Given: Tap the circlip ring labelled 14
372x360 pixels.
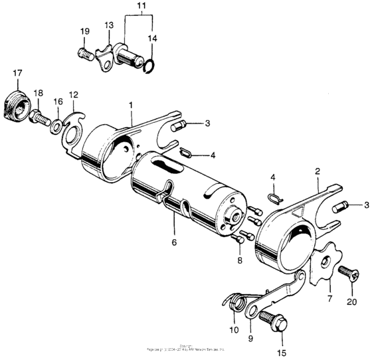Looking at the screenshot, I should (150, 64).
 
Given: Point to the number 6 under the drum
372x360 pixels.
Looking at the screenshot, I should (174, 243).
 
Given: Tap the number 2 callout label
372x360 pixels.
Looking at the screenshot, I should (318, 171).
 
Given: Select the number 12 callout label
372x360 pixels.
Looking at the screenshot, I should (73, 94).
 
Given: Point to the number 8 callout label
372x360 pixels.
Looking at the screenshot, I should (240, 262).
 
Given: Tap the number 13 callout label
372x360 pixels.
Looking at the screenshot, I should (108, 25).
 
